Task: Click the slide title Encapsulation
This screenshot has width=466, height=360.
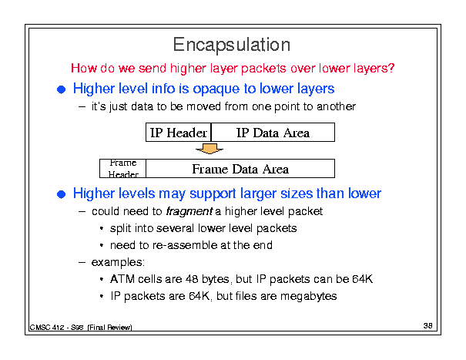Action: (x=232, y=45)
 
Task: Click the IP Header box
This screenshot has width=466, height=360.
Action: (x=179, y=132)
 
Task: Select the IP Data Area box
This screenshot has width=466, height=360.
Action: (x=273, y=132)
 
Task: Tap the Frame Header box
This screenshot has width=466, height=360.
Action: (x=122, y=168)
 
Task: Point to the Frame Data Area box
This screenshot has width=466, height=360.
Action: (x=240, y=168)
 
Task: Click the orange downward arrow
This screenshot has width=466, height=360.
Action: (x=210, y=148)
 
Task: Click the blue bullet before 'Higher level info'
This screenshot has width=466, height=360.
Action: (x=61, y=89)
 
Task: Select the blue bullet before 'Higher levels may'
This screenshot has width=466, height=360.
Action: (x=61, y=194)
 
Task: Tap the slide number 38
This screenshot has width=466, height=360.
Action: (x=427, y=326)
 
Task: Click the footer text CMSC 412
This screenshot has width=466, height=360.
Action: (x=47, y=328)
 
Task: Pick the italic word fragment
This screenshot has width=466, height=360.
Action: (x=189, y=211)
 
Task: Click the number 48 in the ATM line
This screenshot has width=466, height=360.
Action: (x=192, y=279)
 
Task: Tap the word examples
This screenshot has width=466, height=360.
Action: (x=118, y=262)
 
